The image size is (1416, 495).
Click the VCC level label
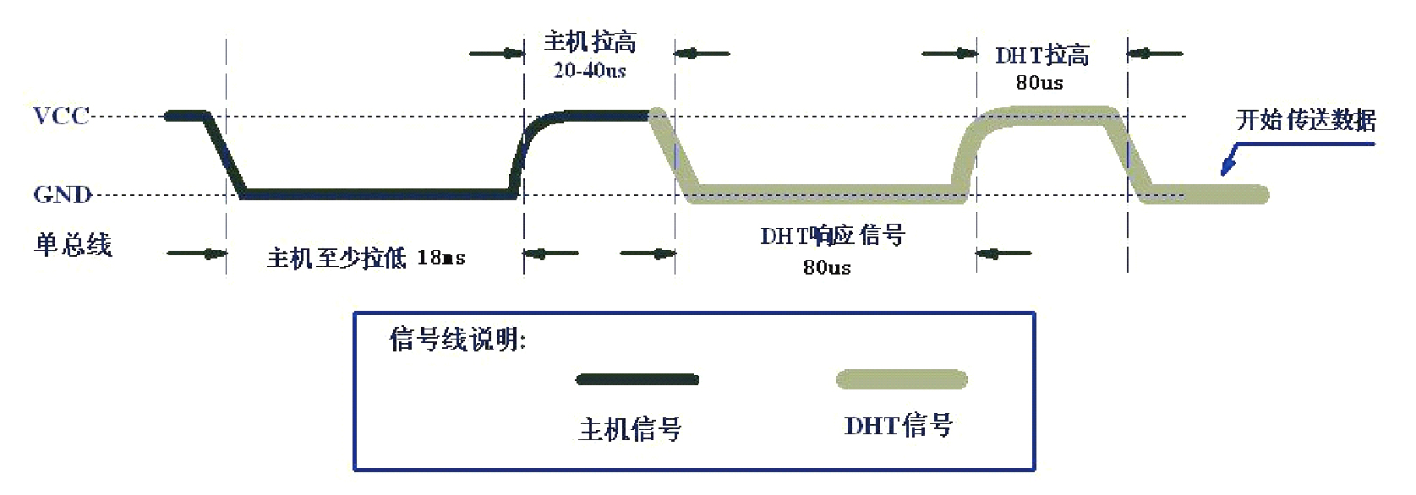62,117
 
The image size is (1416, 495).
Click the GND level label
63,193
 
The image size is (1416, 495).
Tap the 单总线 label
73,244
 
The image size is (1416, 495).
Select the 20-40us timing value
590,69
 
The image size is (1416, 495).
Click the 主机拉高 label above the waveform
590,41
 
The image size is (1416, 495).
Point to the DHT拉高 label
1042,55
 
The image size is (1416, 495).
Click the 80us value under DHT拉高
1040,83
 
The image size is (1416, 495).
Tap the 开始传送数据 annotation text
1305,119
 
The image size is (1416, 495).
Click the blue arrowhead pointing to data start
1227,166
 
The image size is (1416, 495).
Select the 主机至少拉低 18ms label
366,258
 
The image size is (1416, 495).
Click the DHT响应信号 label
833,236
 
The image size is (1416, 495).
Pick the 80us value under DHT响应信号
827,267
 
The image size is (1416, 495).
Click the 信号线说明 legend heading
457,339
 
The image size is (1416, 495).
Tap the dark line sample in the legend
637,379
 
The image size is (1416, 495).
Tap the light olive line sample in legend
902,378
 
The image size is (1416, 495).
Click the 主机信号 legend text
631,429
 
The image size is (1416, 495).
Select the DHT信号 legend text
899,426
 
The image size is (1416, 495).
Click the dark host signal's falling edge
225,155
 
